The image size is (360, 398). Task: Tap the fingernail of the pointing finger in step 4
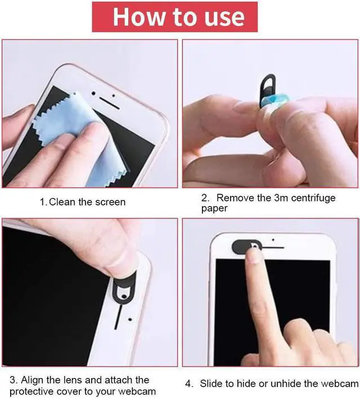pos(255,256)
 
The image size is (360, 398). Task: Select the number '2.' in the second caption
pos(205,198)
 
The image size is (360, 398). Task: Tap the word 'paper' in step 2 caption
pos(214,208)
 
